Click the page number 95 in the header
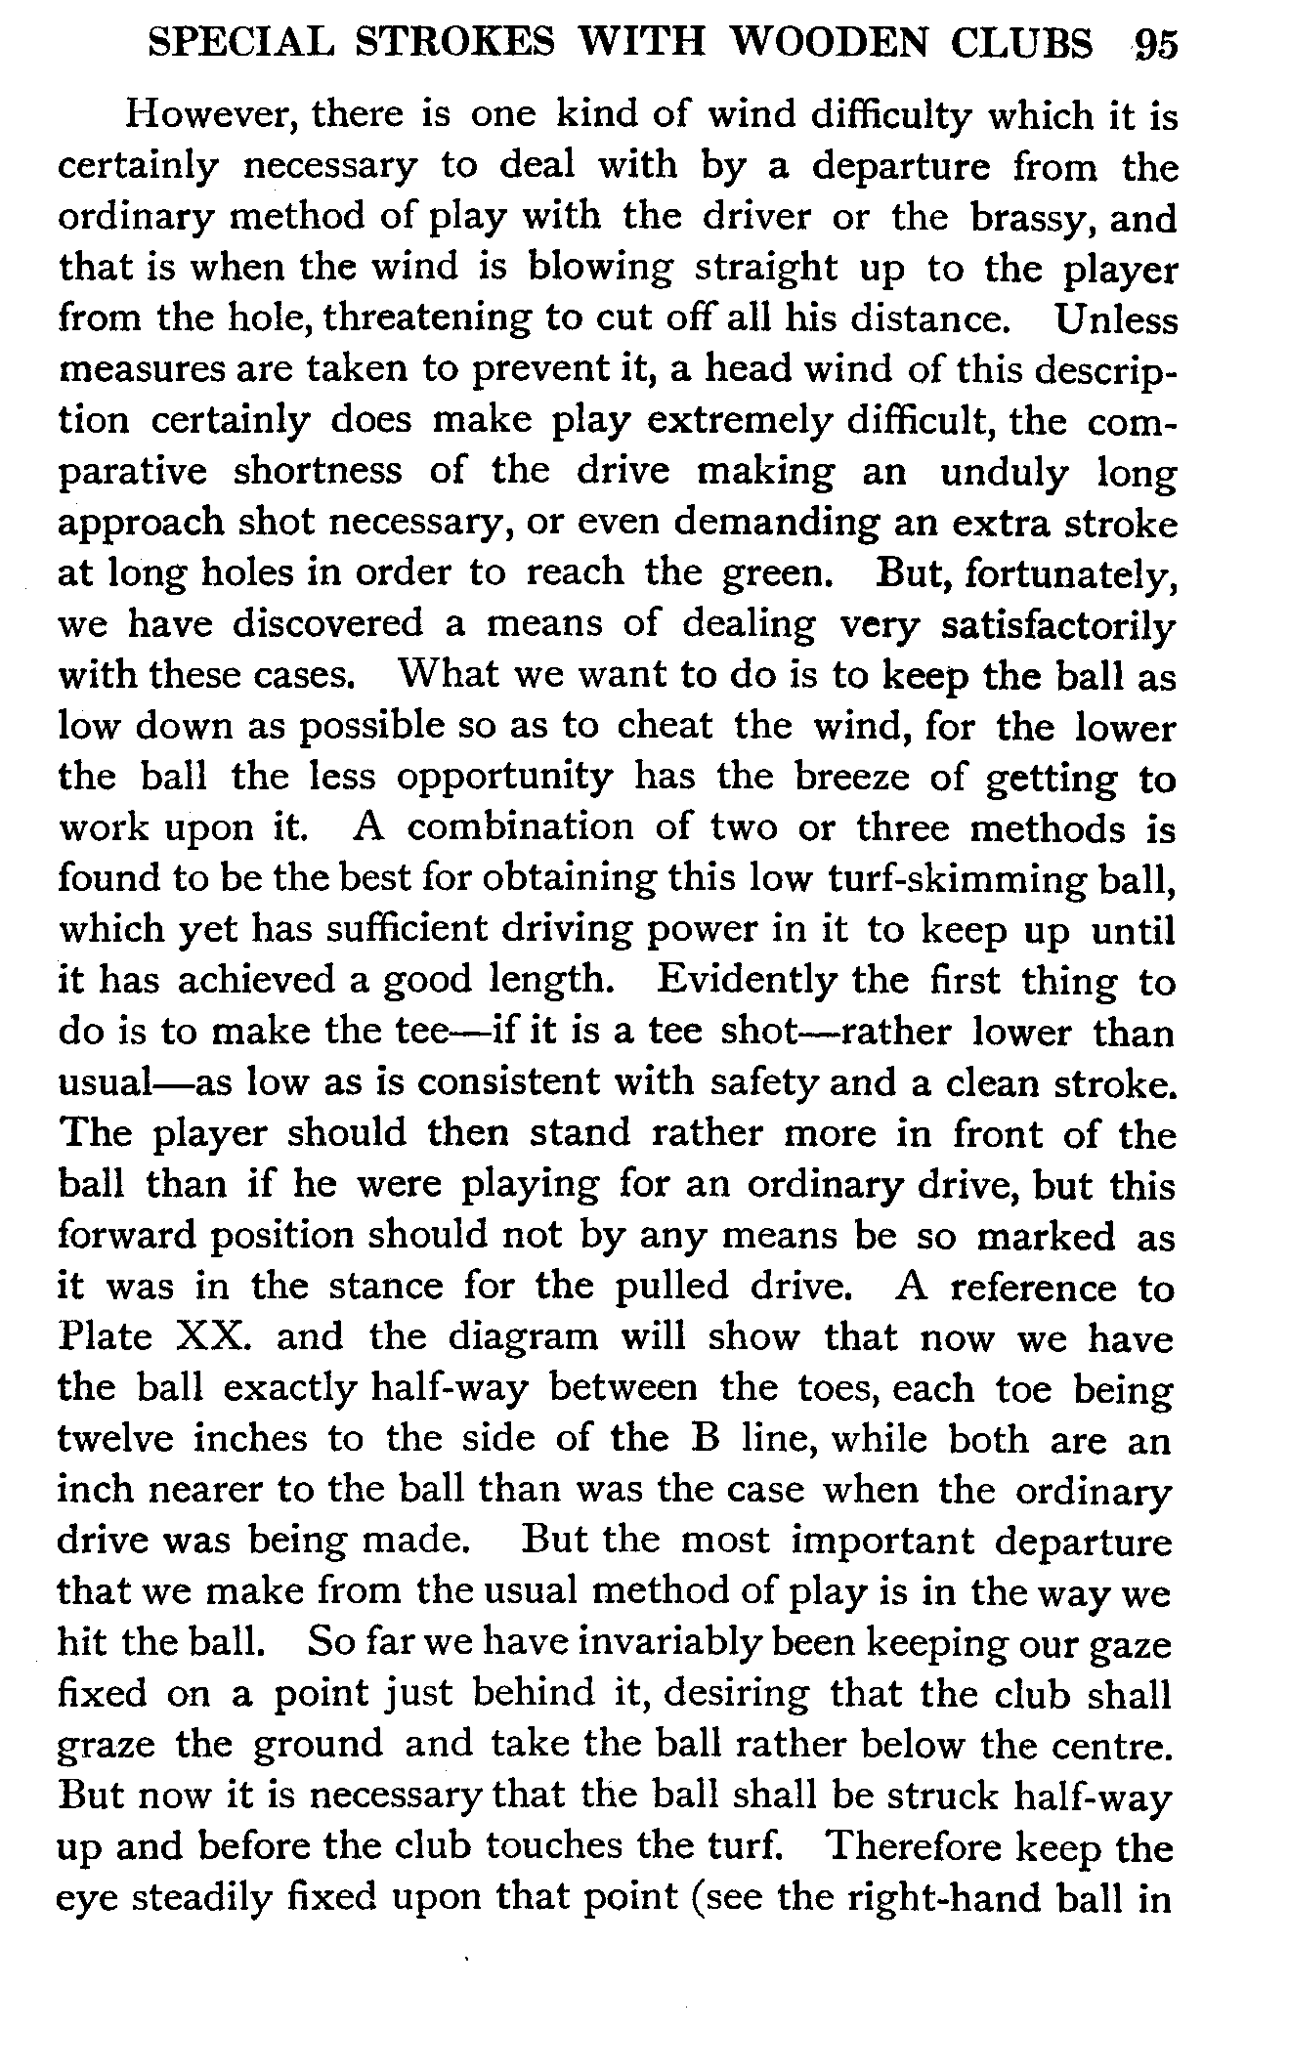click(x=1156, y=45)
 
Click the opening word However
click(x=210, y=116)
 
